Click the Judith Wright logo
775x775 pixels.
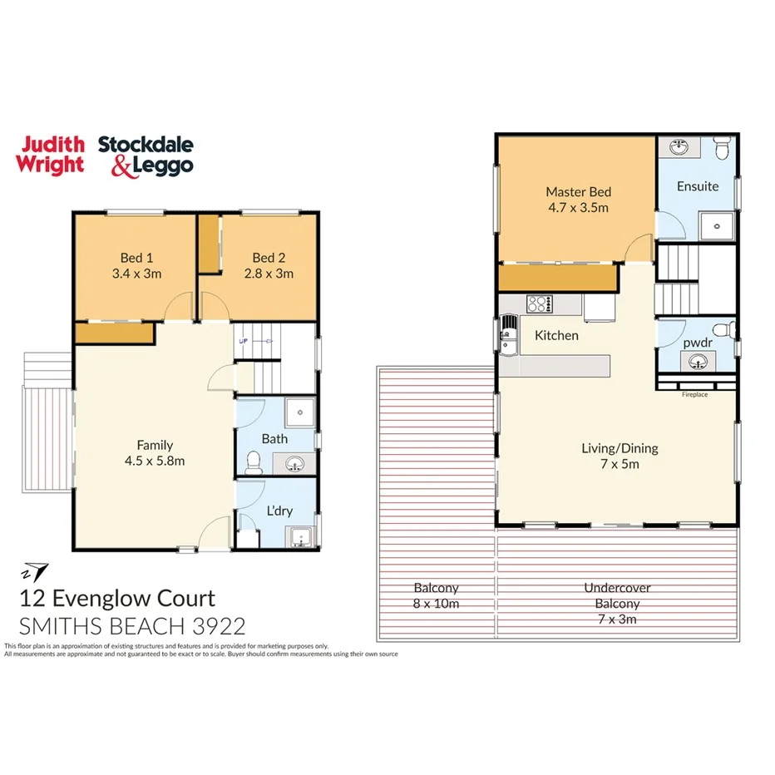[x=51, y=155]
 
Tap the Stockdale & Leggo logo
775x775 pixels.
[x=146, y=155]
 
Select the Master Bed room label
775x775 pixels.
[x=578, y=200]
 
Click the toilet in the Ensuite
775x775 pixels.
[x=722, y=149]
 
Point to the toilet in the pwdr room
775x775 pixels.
[x=729, y=330]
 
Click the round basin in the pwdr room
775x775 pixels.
[x=697, y=361]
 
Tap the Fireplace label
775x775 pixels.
[x=694, y=394]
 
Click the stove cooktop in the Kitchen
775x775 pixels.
[x=539, y=304]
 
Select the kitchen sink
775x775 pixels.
[x=506, y=338]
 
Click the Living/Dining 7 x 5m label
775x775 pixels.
[x=619, y=456]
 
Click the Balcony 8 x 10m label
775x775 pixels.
[x=436, y=595]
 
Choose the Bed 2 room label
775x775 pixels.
[x=272, y=265]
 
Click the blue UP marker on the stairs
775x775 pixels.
[x=244, y=341]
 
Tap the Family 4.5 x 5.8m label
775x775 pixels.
[x=155, y=452]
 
